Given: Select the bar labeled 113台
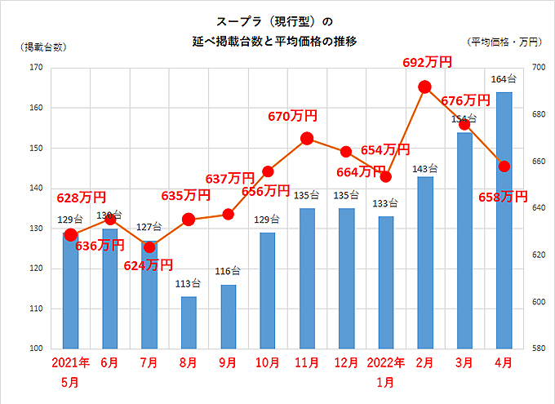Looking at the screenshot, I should click(x=189, y=322).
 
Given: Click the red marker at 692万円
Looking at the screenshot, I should click(x=424, y=87).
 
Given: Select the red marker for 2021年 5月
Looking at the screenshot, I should click(x=70, y=235).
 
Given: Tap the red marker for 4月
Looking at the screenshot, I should click(x=504, y=166).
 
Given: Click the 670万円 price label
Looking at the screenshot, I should click(x=292, y=117).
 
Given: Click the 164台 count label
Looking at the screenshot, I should click(x=504, y=79).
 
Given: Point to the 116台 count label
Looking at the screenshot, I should click(x=228, y=272).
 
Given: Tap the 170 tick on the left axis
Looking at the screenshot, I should click(x=36, y=68).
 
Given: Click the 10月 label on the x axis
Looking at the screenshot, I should click(x=267, y=362).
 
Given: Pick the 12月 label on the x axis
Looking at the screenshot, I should click(x=346, y=362).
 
